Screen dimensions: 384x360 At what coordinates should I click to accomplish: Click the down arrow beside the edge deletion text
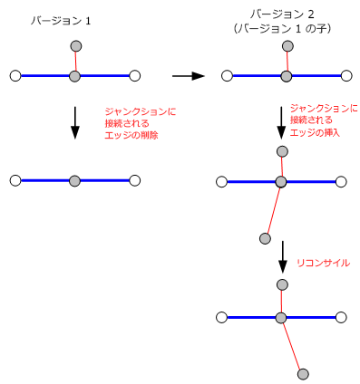pyautogui.click(x=75, y=123)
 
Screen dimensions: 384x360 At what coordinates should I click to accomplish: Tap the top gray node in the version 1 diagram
pyautogui.click(x=75, y=46)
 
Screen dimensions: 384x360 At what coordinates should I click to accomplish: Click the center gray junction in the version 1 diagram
pyautogui.click(x=75, y=76)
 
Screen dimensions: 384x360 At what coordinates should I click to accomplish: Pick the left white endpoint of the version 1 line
pyautogui.click(x=15, y=76)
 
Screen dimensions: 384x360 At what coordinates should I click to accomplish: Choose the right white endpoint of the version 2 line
pyautogui.click(x=345, y=76)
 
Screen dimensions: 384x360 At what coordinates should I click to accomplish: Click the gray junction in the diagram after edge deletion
pyautogui.click(x=75, y=181)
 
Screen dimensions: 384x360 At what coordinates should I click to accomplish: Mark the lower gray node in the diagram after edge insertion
pyautogui.click(x=265, y=239)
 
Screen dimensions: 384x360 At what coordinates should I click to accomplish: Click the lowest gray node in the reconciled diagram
pyautogui.click(x=303, y=373)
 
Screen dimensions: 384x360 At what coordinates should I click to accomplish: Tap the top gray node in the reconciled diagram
pyautogui.click(x=282, y=285)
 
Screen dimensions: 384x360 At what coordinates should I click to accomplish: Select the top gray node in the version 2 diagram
pyautogui.click(x=286, y=46)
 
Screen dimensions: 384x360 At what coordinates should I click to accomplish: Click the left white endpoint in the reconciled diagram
pyautogui.click(x=222, y=317)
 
